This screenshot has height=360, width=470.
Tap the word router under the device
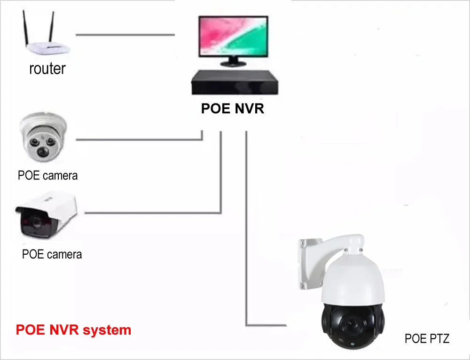coord(47,69)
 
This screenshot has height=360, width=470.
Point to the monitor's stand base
coord(233,63)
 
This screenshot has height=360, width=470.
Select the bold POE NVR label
coord(233,109)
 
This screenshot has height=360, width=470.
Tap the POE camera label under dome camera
coord(47,176)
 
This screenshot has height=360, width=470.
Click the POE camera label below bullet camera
coord(52,254)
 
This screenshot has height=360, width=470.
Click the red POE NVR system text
coord(73,330)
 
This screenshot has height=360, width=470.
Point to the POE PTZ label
coord(427,338)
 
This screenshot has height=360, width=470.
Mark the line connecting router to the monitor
coord(125,34)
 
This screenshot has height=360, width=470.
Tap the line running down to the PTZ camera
coord(246,235)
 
